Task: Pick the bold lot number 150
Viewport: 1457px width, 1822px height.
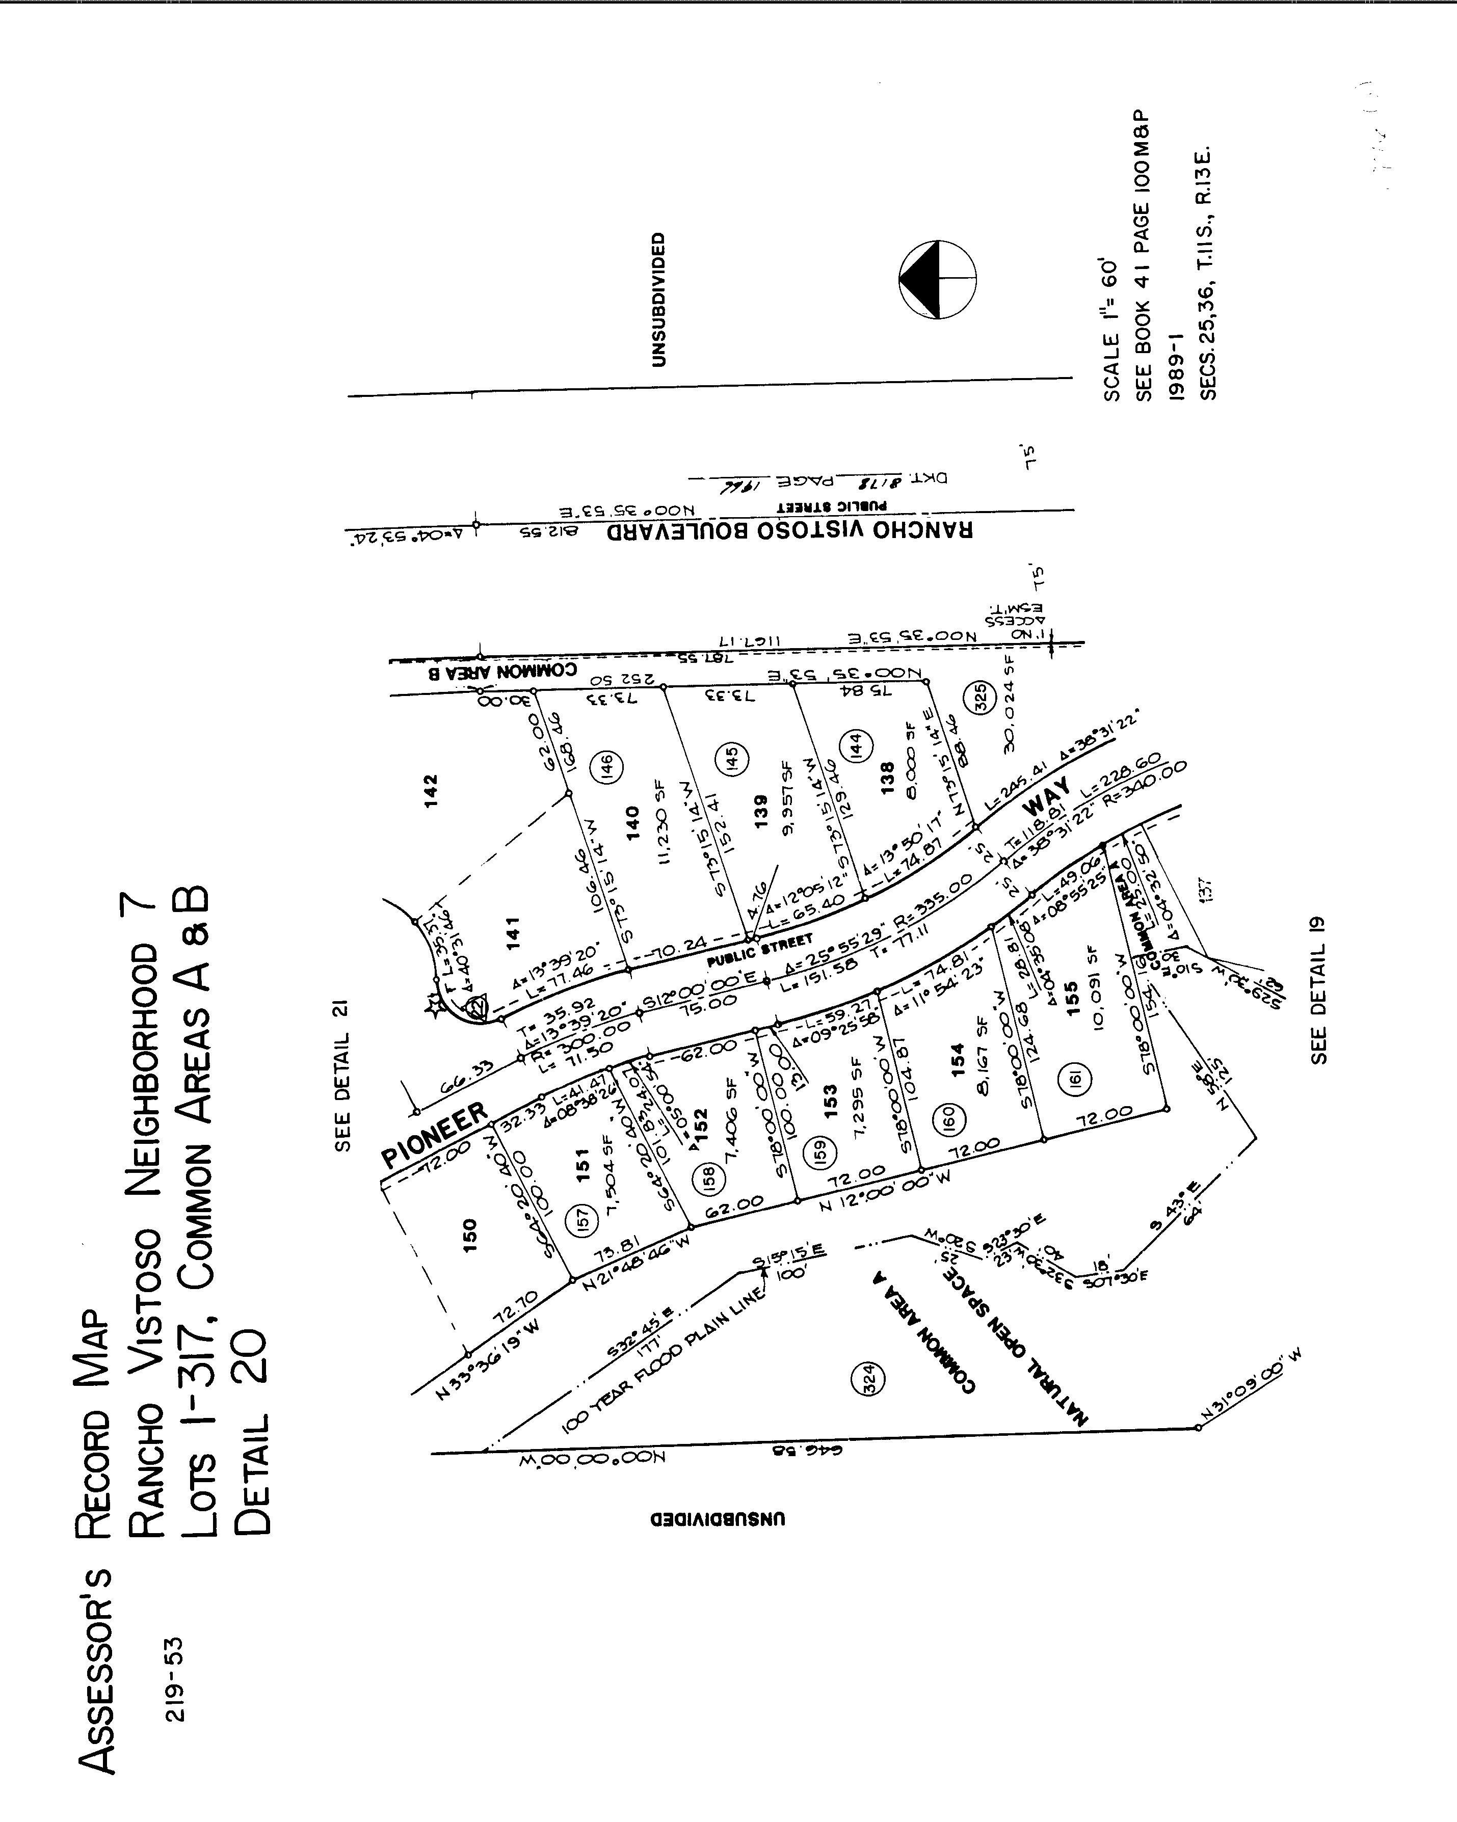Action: click(470, 1235)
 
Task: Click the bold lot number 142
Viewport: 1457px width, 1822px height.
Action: click(431, 791)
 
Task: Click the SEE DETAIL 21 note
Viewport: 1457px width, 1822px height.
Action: click(341, 1075)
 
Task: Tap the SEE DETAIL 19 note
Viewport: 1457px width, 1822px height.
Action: click(1318, 989)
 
